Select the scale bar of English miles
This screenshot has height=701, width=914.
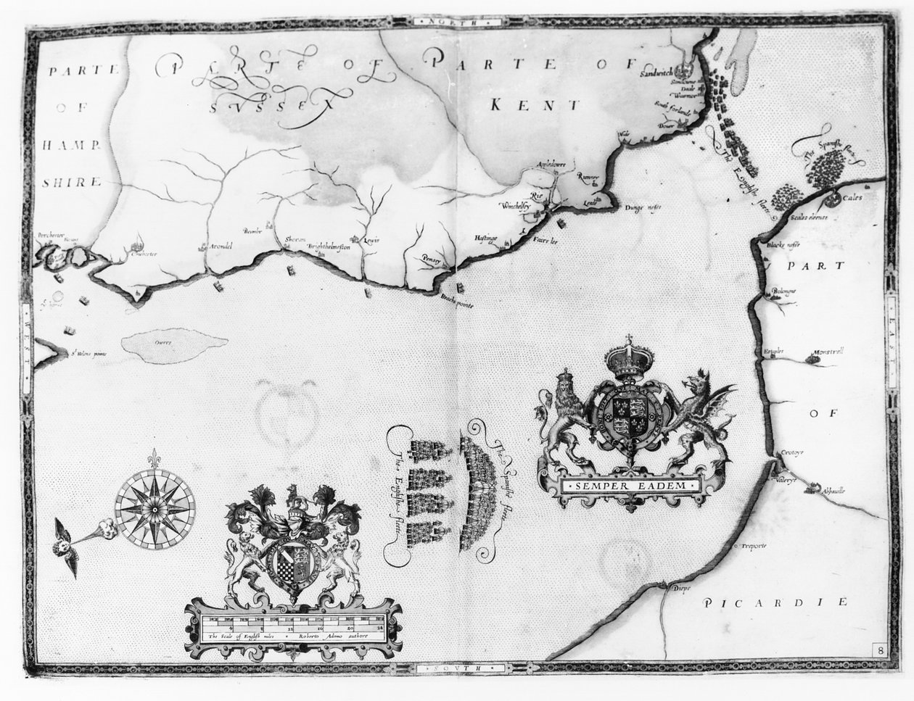tap(294, 622)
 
